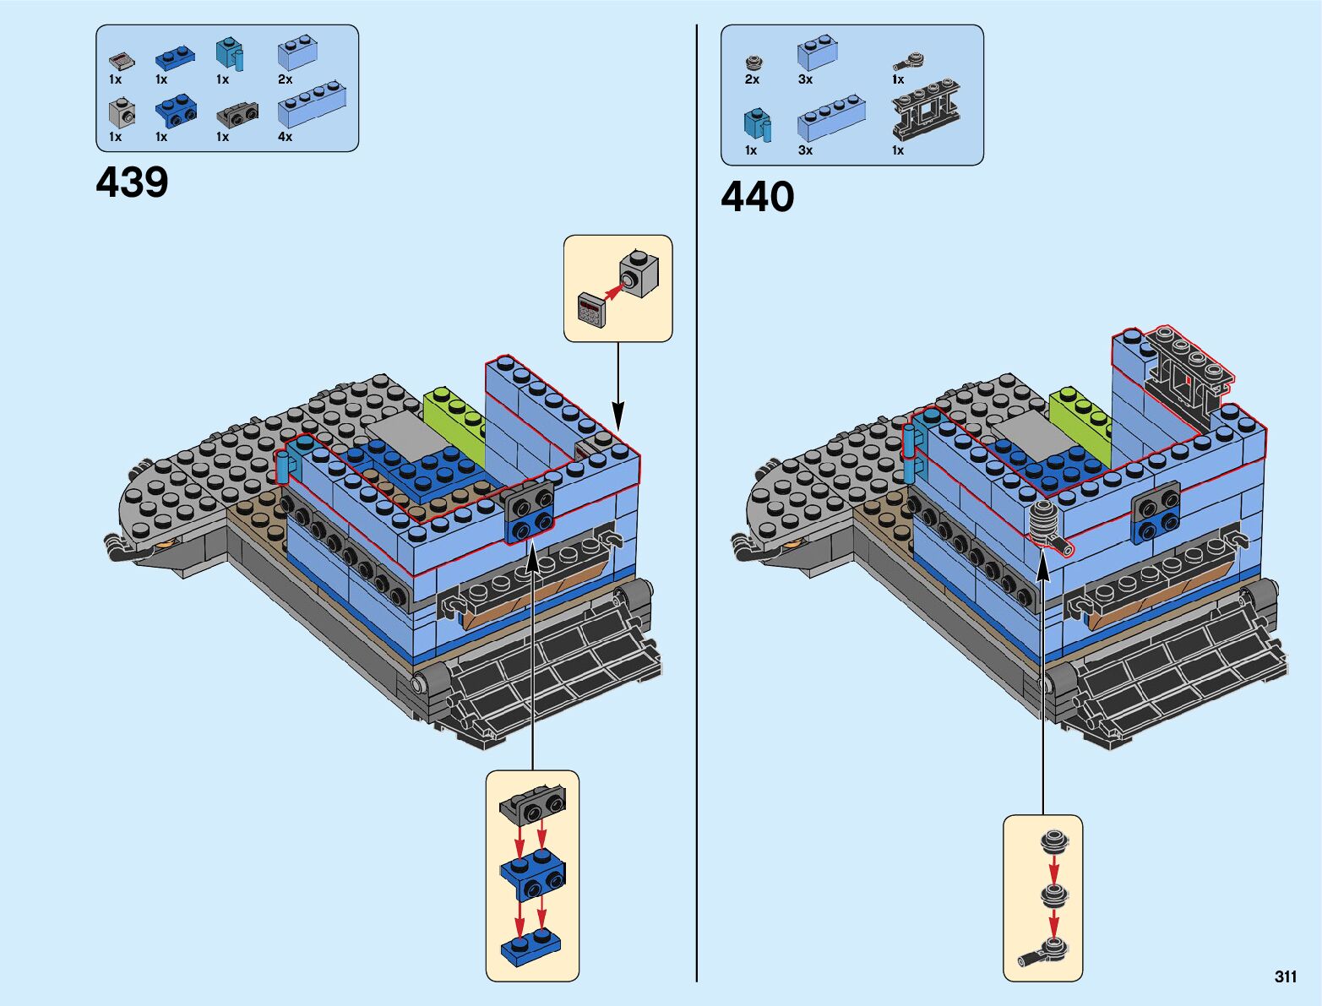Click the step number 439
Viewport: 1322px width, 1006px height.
coord(132,182)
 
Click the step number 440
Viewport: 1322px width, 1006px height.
coord(757,197)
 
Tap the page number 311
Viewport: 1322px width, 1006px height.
coord(1286,976)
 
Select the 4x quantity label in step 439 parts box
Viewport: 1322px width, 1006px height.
coord(285,137)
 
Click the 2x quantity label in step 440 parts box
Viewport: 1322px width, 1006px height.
coord(753,79)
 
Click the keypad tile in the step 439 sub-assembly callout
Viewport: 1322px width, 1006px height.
coord(591,309)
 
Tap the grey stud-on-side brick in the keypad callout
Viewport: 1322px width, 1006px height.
coord(639,273)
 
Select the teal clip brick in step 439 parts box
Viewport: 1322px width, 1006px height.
coord(230,55)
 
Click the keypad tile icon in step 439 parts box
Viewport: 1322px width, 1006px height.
coord(122,61)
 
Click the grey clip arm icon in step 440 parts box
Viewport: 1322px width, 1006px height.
coord(908,61)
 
